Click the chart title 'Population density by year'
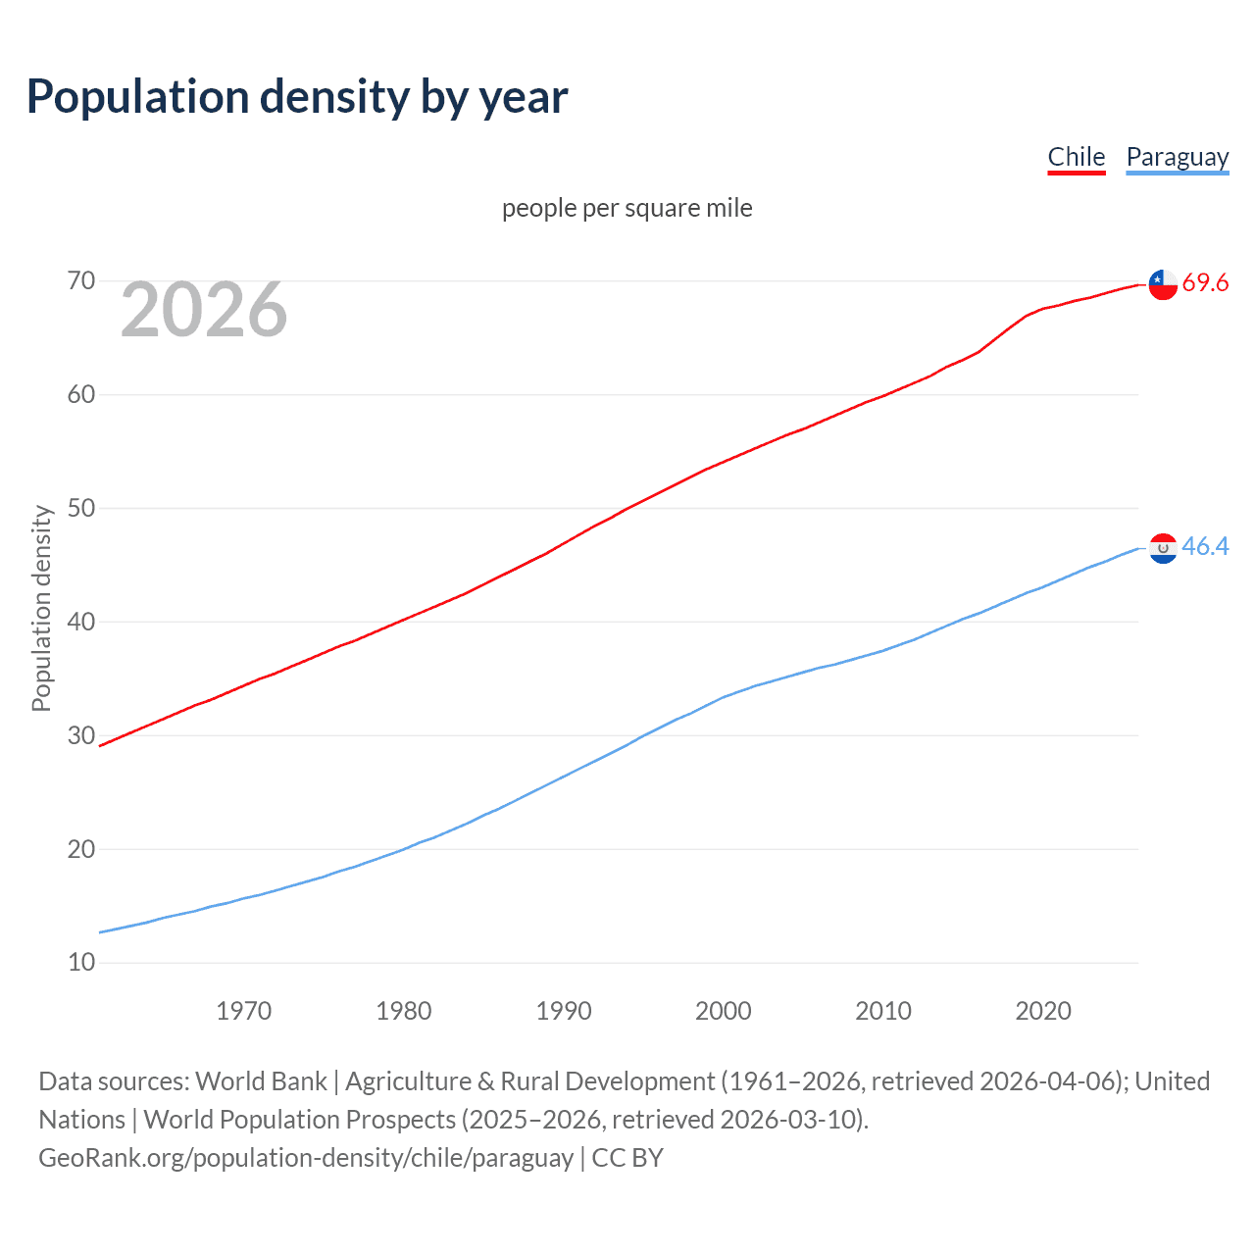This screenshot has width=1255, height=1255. point(297,97)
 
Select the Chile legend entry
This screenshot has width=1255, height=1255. point(1076,157)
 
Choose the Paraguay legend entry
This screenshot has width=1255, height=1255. point(1177,157)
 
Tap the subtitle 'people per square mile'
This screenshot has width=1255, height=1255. point(627,208)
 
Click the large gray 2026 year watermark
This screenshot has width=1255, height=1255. point(204,310)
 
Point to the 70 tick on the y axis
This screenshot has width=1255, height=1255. point(81,281)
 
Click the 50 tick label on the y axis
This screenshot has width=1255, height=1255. point(81,508)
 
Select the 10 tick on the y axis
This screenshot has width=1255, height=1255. point(81,963)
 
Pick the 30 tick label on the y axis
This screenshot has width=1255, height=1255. point(81,735)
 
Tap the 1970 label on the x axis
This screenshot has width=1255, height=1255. point(243,1011)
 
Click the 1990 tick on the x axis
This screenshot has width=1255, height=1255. point(563,1011)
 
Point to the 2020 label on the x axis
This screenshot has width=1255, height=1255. point(1042,1011)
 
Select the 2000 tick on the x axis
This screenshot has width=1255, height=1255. point(723,1011)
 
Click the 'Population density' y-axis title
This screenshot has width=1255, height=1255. point(41,608)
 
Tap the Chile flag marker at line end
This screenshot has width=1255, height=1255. point(1163,283)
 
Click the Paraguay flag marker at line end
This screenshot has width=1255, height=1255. point(1163,548)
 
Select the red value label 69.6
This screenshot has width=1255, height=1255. point(1205,283)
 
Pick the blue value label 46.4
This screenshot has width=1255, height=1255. point(1205,547)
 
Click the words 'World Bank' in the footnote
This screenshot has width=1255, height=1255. point(261,1081)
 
